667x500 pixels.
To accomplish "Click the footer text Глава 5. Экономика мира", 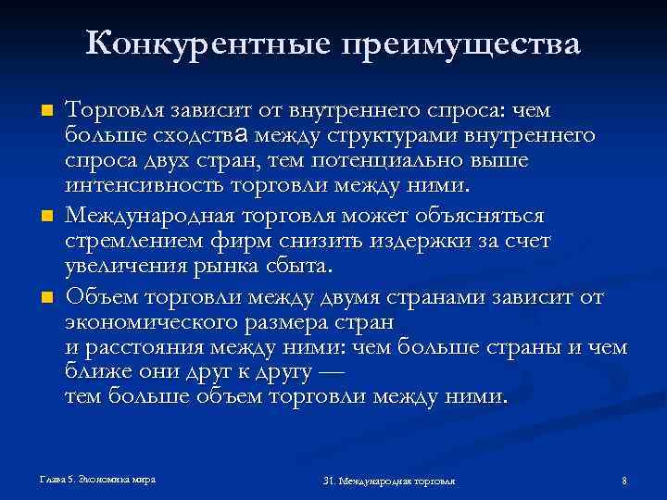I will pyautogui.click(x=97, y=480).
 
